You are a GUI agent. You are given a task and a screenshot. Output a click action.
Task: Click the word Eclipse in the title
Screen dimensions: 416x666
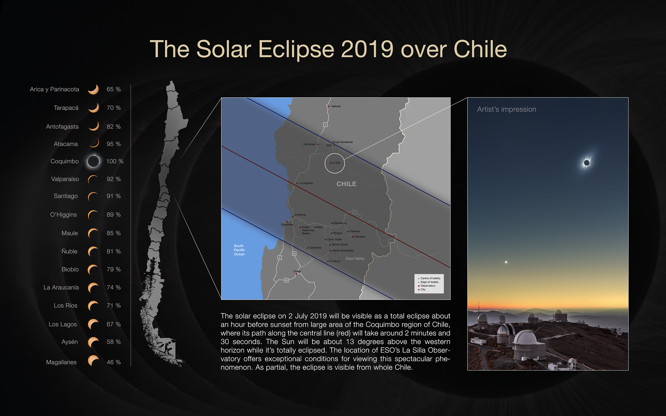click(296, 49)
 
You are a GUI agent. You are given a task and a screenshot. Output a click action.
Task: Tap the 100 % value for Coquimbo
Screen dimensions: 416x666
click(115, 162)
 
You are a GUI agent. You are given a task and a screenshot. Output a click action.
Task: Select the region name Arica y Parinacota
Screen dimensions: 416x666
click(54, 89)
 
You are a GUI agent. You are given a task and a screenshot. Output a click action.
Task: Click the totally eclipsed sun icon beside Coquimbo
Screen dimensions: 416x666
click(93, 161)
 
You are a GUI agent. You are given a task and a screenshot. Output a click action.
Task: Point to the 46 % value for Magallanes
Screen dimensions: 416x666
click(114, 362)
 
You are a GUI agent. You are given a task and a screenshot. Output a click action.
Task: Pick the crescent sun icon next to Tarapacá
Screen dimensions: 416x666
click(94, 108)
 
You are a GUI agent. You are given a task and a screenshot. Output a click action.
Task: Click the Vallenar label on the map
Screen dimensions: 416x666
click(336, 106)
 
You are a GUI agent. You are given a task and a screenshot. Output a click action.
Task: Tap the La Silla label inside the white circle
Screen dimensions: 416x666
click(336, 163)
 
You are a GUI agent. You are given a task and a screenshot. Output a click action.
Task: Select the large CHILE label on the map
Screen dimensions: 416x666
click(346, 184)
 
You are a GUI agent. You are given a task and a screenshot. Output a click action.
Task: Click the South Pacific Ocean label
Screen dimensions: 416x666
click(239, 250)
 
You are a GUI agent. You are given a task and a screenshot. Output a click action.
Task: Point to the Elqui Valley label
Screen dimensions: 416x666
click(355, 259)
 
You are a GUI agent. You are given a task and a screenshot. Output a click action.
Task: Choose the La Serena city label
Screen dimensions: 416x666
click(300, 215)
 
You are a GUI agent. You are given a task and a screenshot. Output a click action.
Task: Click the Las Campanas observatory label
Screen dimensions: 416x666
click(344, 142)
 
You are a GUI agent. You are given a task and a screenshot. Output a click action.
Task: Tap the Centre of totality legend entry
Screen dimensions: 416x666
click(430, 278)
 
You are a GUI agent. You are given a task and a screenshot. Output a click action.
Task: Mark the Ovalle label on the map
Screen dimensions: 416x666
click(297, 271)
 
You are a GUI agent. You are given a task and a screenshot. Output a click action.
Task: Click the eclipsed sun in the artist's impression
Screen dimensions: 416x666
click(587, 163)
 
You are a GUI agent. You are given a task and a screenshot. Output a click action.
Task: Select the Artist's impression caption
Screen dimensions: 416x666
click(506, 110)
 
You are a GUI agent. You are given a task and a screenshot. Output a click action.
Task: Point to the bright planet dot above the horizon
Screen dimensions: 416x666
click(506, 262)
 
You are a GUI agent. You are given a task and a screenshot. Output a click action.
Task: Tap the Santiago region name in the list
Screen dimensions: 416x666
click(66, 196)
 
